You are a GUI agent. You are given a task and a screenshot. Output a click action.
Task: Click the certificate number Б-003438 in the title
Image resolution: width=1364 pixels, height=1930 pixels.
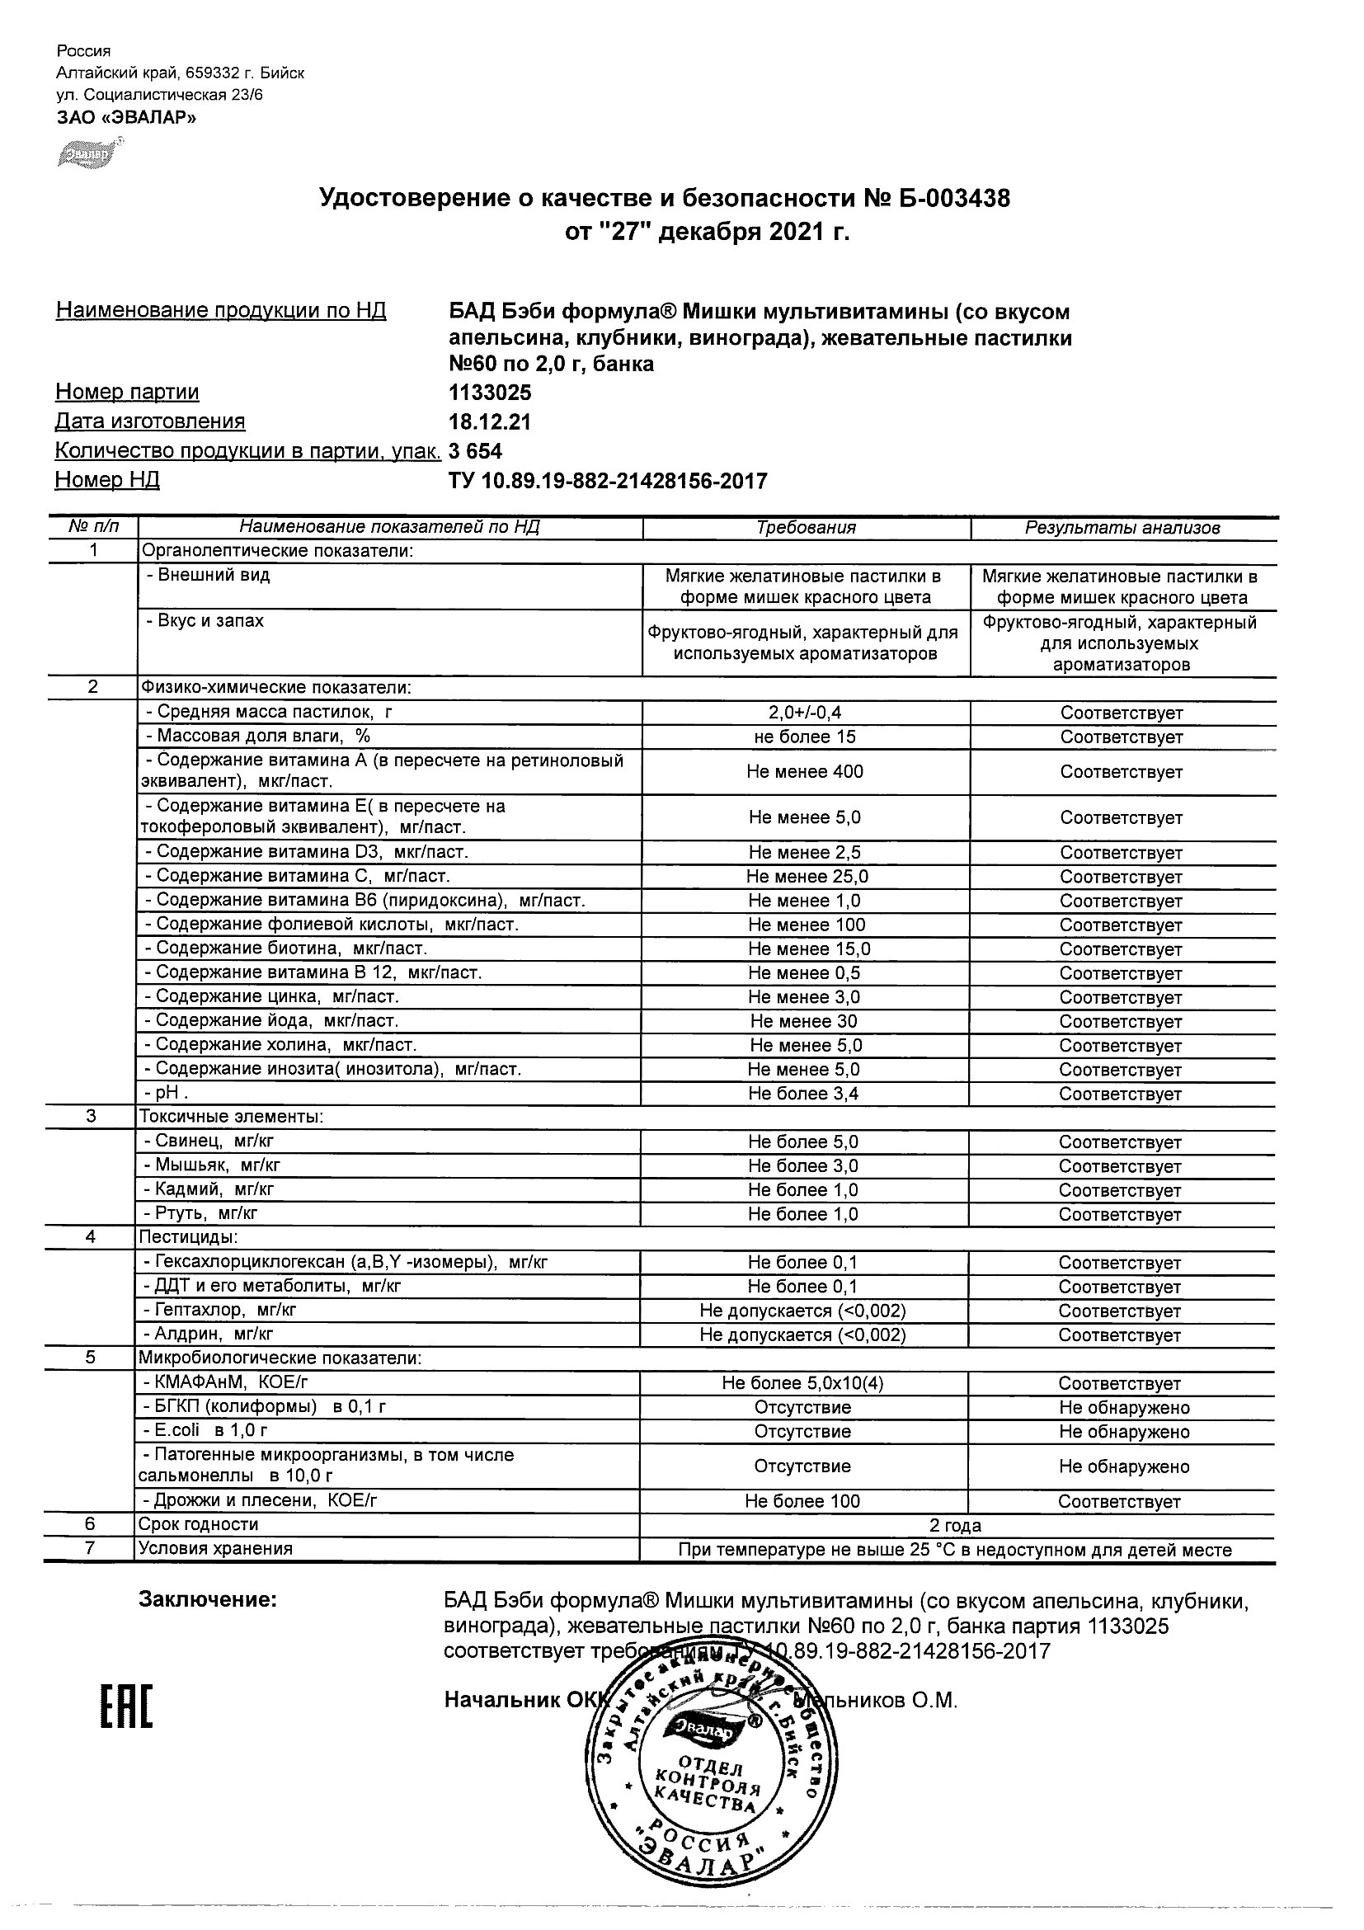[x=954, y=199]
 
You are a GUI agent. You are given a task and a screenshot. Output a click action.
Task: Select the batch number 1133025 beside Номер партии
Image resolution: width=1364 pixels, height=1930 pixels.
[x=490, y=393]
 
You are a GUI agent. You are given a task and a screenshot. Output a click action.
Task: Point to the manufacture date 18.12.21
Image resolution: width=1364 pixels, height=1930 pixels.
[x=490, y=422]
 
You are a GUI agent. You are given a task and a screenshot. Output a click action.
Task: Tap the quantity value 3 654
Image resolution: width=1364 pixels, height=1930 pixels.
[x=476, y=451]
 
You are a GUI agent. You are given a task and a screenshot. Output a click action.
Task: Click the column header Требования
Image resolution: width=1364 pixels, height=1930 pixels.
[x=806, y=528]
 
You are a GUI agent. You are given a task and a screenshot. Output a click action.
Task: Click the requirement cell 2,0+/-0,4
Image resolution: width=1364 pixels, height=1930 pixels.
[x=805, y=713]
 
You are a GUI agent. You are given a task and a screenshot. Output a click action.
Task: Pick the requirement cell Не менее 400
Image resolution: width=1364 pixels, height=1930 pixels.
[x=805, y=772]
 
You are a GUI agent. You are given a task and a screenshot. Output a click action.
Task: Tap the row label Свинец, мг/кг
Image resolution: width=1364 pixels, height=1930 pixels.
[x=209, y=1142]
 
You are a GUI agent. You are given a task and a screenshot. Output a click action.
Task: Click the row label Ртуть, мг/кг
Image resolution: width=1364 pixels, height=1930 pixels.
[x=201, y=1214]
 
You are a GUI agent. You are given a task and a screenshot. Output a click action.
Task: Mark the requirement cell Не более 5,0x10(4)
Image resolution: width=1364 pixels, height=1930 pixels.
[x=802, y=1384]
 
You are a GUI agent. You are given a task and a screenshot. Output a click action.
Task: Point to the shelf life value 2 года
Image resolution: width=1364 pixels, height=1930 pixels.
[x=956, y=1526]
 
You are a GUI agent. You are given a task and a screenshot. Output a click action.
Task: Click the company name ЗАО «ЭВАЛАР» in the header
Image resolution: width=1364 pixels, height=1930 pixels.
[x=126, y=118]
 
